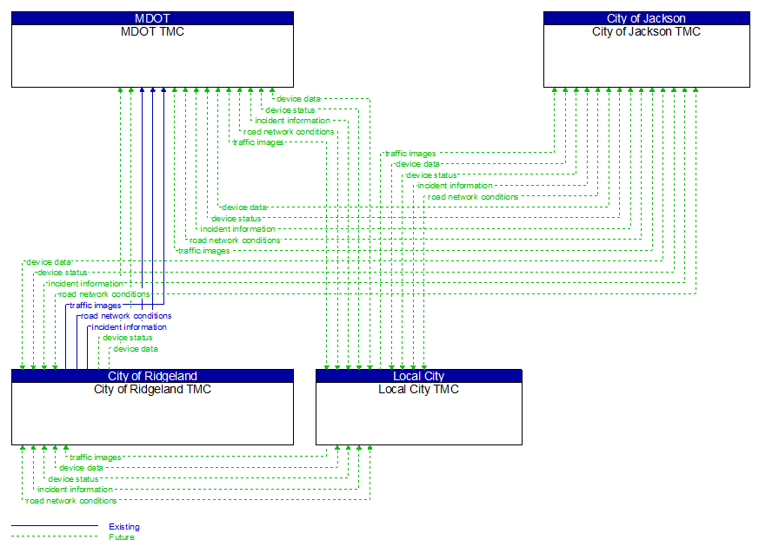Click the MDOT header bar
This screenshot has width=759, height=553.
point(152,18)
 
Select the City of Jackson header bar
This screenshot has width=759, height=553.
point(646,18)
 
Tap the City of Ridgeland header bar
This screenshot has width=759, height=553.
point(152,376)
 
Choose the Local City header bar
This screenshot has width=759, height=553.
point(418,376)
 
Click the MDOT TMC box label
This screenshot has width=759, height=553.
point(152,32)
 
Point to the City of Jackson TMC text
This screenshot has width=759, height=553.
point(646,32)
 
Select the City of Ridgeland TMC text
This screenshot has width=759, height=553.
point(152,390)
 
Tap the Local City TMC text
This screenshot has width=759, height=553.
point(418,390)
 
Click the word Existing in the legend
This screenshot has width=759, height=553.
point(123,527)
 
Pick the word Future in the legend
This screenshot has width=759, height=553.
point(122,537)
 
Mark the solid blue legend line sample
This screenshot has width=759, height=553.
point(54,526)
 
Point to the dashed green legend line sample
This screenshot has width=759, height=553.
point(54,537)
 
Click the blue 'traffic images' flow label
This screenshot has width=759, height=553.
point(96,306)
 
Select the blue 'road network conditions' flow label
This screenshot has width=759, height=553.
point(126,316)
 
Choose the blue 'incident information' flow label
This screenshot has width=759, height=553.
point(129,327)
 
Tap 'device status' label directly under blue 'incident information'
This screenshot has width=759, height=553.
point(127,338)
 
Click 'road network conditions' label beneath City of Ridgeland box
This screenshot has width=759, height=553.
point(71,501)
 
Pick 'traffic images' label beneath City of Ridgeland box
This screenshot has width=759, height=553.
point(96,458)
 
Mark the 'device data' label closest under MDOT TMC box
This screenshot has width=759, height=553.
point(298,99)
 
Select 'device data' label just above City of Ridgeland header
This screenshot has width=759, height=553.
point(136,349)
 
